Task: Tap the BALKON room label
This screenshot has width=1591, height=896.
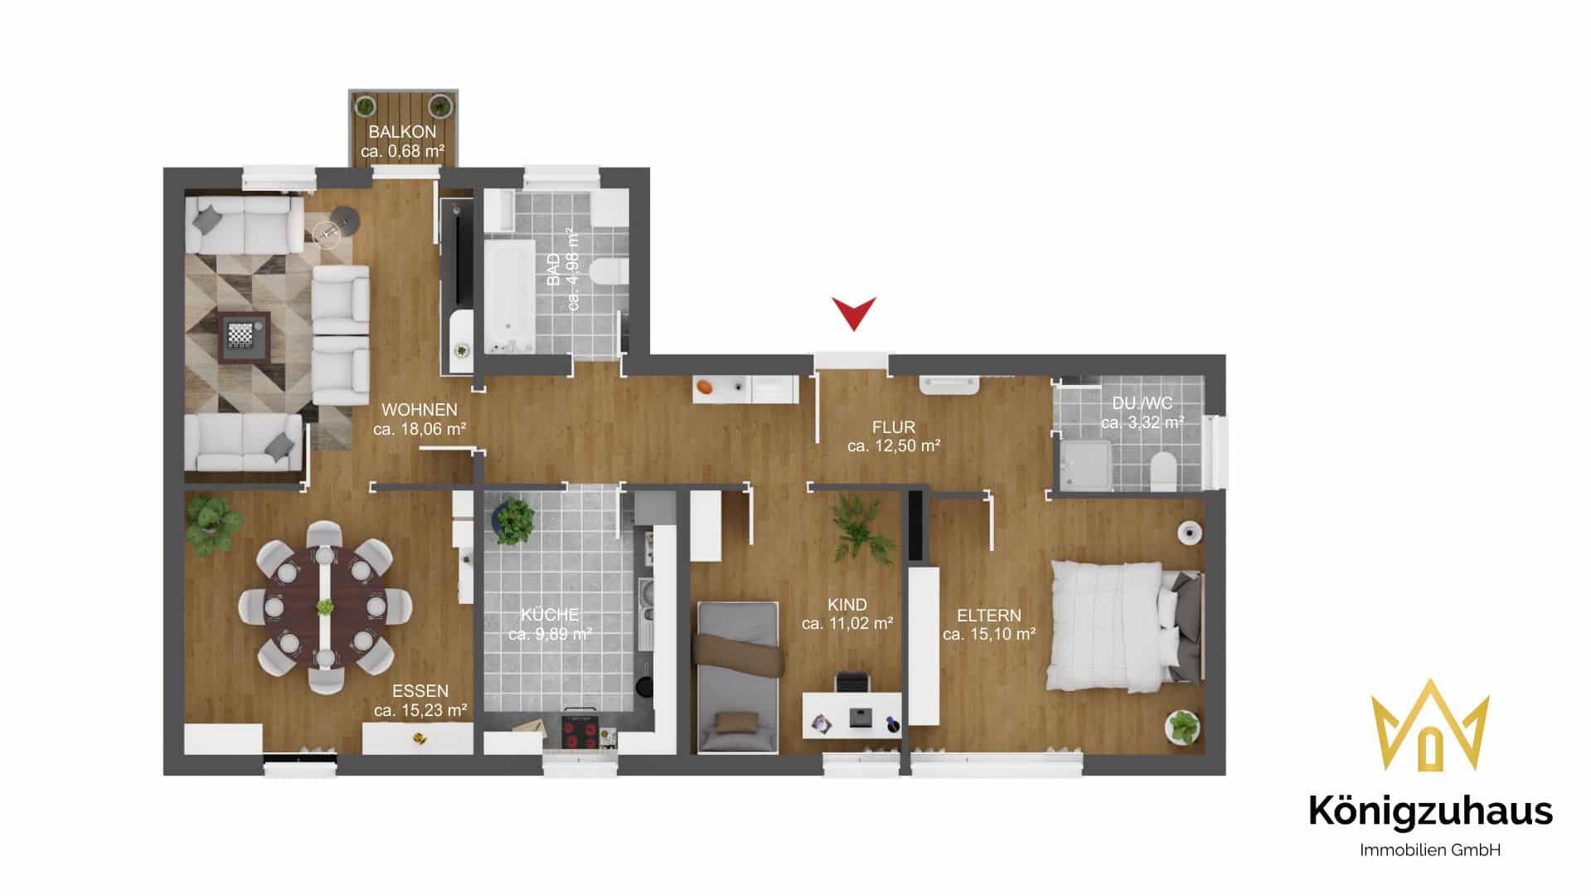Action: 402,132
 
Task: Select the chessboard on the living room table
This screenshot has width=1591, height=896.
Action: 240,334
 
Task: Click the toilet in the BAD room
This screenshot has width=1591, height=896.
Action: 609,271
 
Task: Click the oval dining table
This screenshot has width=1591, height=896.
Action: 325,606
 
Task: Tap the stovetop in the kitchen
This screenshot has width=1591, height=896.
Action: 580,730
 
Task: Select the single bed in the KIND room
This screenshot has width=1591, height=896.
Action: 738,677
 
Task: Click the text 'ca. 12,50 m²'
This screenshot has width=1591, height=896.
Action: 894,446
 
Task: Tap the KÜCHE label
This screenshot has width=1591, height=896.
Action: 550,615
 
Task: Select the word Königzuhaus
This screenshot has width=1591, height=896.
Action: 1430,811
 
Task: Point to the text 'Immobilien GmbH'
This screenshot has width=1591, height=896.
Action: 1430,850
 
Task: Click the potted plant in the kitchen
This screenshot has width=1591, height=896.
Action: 514,520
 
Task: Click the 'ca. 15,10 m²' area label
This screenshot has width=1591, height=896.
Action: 989,635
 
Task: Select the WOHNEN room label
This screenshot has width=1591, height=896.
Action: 420,410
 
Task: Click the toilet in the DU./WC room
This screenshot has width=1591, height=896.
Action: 1163,469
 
